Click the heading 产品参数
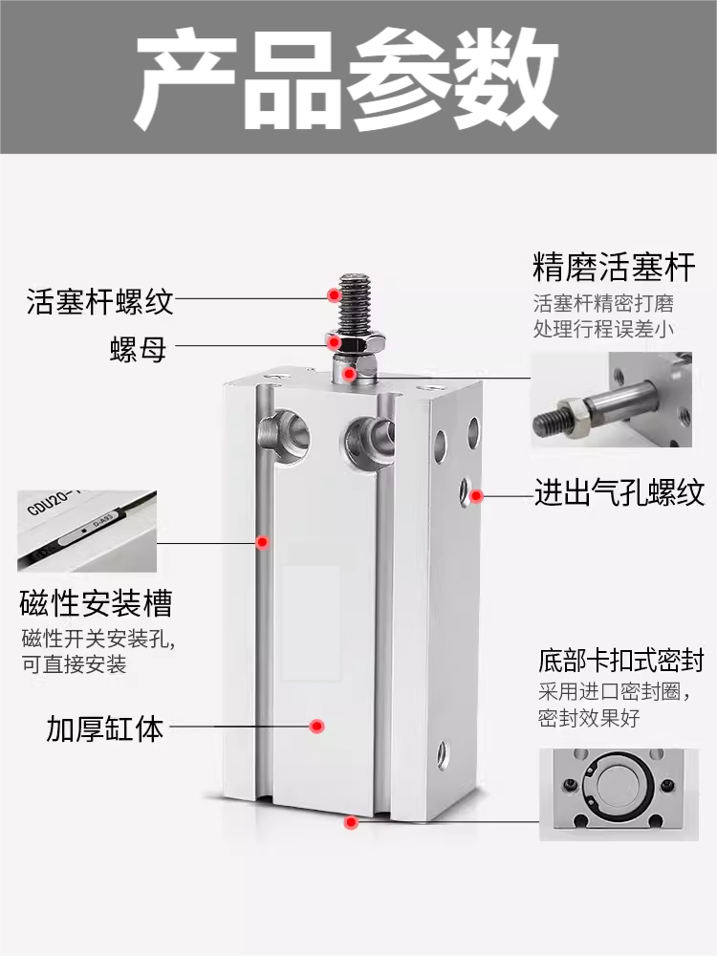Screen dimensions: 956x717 (346, 78)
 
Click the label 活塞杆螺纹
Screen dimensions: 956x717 (100, 302)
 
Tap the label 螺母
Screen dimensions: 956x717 (138, 349)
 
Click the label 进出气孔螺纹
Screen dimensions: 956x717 (619, 492)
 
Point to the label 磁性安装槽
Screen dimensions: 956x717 (96, 603)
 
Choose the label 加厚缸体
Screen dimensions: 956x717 (105, 728)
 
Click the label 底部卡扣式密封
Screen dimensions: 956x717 (621, 660)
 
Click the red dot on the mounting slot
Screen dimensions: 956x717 (262, 543)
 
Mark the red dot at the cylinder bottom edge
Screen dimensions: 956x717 (352, 821)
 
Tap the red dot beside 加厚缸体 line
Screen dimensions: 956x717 (315, 728)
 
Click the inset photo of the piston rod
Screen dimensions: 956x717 (611, 399)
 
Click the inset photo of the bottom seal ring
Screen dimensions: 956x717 (619, 794)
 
